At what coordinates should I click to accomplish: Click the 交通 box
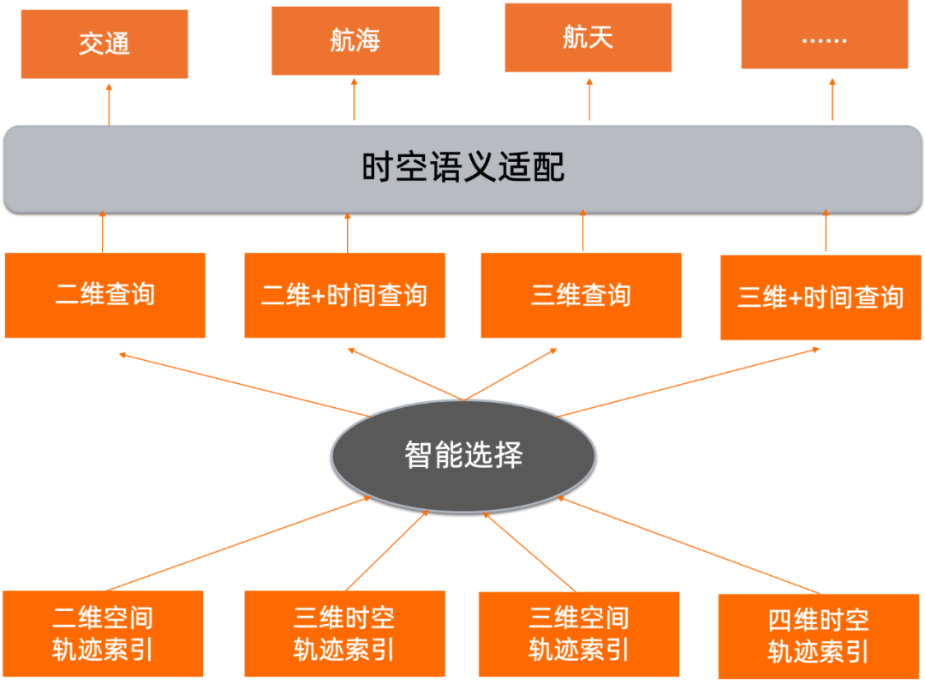pyautogui.click(x=104, y=44)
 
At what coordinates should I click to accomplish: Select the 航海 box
pyautogui.click(x=355, y=40)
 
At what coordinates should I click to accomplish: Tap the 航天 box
pyautogui.click(x=588, y=37)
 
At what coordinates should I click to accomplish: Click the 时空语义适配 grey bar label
pyautogui.click(x=462, y=168)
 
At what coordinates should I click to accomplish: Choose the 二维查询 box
pyautogui.click(x=105, y=295)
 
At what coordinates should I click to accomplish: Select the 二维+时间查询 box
pyautogui.click(x=344, y=296)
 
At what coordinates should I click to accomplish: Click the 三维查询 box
pyautogui.click(x=581, y=296)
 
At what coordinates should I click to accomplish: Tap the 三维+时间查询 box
pyautogui.click(x=821, y=297)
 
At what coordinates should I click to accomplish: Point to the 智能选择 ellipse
pyautogui.click(x=462, y=454)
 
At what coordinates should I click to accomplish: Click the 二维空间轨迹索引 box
pyautogui.click(x=103, y=633)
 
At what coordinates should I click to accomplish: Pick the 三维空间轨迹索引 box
pyautogui.click(x=579, y=633)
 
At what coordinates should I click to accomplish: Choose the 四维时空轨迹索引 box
pyautogui.click(x=819, y=635)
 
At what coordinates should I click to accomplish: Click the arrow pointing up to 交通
pyautogui.click(x=109, y=103)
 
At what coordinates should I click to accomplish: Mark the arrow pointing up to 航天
pyautogui.click(x=589, y=99)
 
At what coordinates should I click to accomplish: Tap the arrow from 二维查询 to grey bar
pyautogui.click(x=102, y=231)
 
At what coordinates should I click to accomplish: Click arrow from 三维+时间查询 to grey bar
pyautogui.click(x=826, y=231)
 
